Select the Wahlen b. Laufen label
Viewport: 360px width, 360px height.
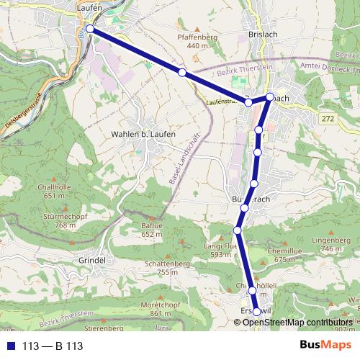(139, 134)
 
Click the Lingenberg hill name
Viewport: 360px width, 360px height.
(331, 240)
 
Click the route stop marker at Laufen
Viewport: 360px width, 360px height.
(89, 29)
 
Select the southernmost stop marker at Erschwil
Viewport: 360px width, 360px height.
(256, 312)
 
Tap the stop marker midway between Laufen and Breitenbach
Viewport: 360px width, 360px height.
(183, 73)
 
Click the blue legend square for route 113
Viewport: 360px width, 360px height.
(11, 346)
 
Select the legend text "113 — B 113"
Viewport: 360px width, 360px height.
(53, 346)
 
